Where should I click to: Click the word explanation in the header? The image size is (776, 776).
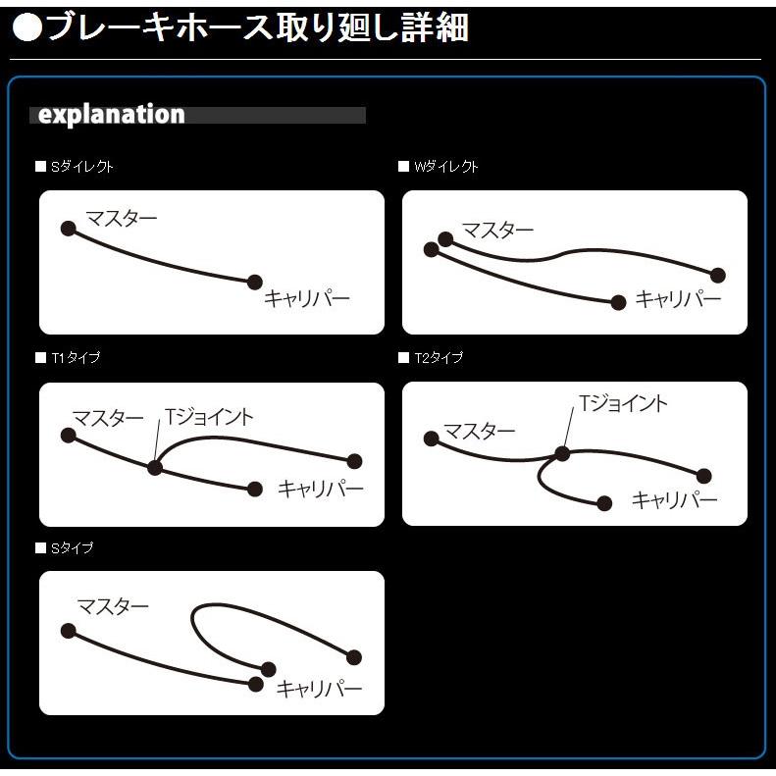111,115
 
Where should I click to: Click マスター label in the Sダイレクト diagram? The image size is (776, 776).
121,219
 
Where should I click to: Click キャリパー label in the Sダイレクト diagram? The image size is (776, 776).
306,299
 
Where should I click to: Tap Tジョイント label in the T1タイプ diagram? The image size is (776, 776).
209,417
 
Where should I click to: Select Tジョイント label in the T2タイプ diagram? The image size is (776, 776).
623,403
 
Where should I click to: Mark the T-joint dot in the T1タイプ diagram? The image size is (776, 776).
154,467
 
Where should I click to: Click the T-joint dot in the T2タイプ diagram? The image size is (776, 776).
562,453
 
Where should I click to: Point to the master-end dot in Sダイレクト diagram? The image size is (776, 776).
68,229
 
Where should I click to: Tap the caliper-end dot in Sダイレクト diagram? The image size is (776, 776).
254,283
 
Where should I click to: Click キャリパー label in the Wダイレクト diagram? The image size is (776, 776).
678,299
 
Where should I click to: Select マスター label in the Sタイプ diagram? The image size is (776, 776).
113,606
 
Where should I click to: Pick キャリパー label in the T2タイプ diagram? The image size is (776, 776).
674,500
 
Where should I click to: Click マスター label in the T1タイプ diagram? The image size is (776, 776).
108,419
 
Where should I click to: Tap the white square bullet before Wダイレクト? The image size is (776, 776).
403,167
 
